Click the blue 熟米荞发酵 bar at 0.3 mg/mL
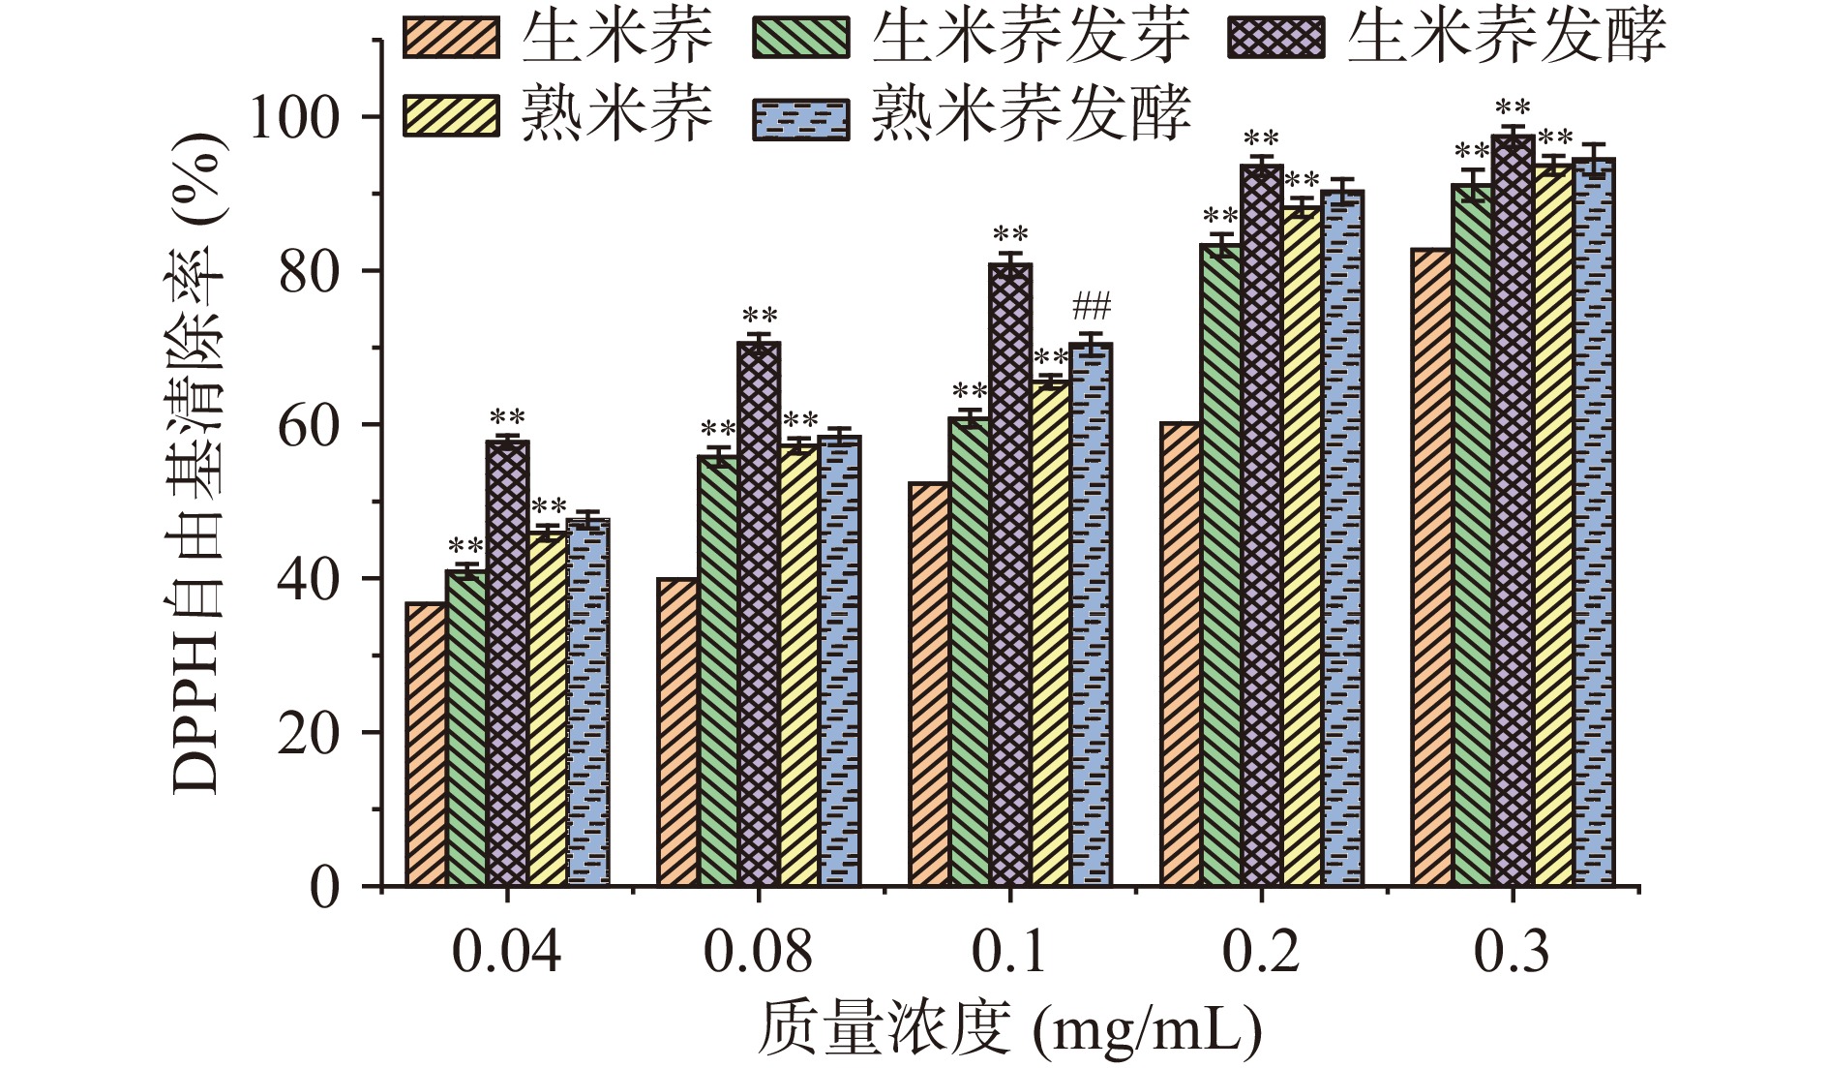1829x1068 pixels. (1594, 523)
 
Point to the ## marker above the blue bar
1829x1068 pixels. (1091, 308)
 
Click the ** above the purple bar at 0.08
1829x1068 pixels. (759, 318)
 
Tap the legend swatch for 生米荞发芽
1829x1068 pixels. (800, 37)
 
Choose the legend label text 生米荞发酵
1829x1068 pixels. (1506, 37)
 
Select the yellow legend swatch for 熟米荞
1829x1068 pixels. (452, 117)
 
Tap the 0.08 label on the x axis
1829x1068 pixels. (758, 954)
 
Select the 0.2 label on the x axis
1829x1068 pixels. (1261, 954)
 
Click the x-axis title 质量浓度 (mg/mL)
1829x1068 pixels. (1009, 1029)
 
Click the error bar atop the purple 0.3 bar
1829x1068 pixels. (1513, 135)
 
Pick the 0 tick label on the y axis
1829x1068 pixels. (325, 887)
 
